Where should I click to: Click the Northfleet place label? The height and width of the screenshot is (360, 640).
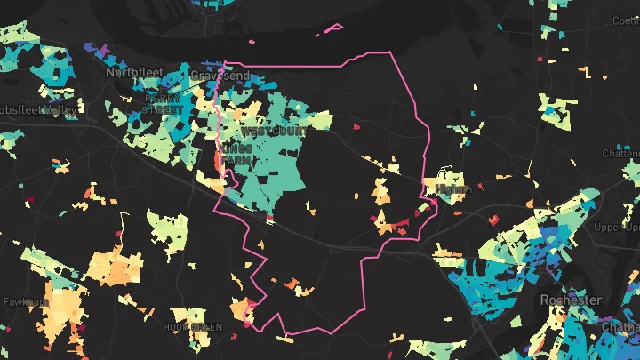click(132, 71)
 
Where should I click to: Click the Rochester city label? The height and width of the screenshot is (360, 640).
click(571, 300)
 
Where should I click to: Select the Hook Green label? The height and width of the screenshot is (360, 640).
click(192, 327)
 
